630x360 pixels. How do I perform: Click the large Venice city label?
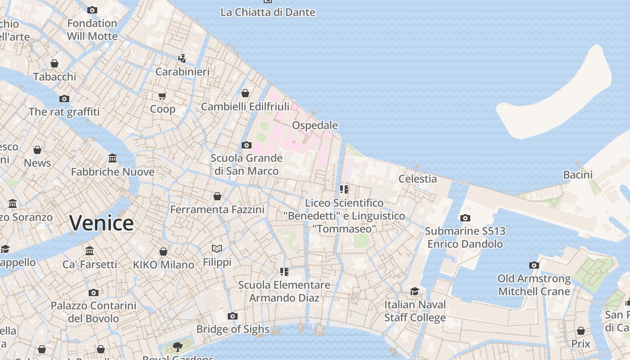102,223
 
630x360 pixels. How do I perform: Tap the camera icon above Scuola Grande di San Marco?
246,145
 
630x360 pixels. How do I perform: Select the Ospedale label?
315,125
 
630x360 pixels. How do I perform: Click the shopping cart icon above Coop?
162,96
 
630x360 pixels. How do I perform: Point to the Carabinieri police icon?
182,58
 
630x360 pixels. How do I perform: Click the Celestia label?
418,179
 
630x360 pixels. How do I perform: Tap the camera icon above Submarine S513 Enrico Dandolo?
465,218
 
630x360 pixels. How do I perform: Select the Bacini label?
577,175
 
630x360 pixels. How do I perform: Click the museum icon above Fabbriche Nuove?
112,158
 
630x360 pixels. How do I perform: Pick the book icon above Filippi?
217,248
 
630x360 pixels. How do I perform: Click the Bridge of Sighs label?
233,329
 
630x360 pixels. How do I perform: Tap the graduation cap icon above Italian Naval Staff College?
414,291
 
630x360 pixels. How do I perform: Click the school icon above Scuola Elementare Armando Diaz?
284,271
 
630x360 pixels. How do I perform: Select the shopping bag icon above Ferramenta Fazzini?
217,196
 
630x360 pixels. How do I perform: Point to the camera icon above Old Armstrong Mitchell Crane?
534,265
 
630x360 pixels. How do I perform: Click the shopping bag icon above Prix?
581,331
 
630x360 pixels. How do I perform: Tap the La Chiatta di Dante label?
268,12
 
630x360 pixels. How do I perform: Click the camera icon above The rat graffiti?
64,99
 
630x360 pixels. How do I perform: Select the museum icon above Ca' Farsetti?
90,251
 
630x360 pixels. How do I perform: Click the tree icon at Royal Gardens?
178,346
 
